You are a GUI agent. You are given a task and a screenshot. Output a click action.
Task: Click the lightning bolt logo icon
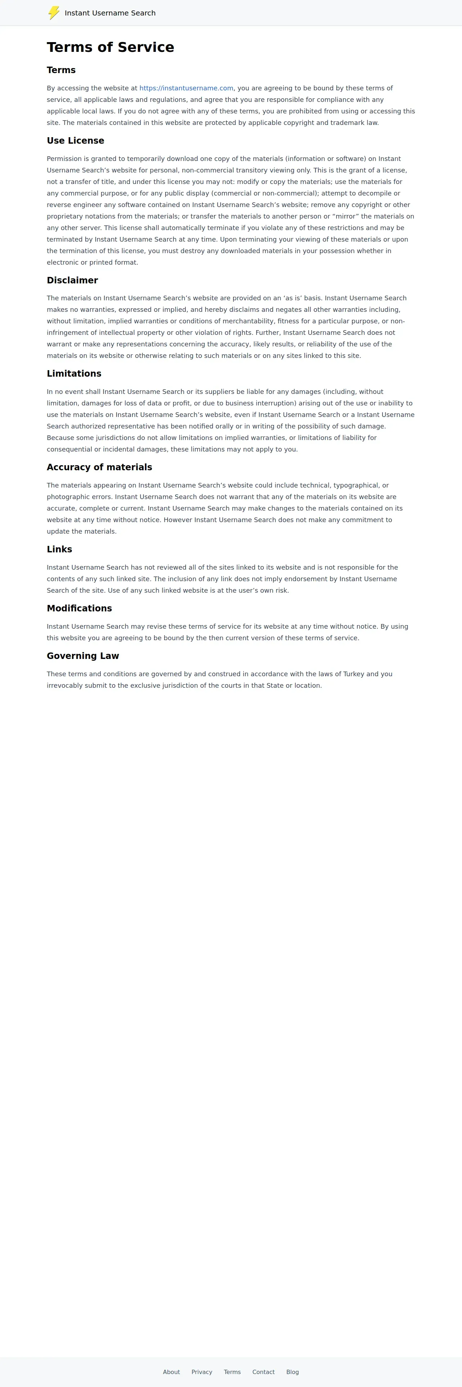coord(54,13)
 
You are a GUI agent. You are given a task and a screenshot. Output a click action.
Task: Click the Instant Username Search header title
coord(110,13)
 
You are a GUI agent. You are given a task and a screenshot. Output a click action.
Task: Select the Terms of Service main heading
coord(110,48)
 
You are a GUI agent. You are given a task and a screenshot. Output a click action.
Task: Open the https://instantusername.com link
coord(186,88)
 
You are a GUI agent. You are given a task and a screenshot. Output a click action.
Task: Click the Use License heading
coord(75,140)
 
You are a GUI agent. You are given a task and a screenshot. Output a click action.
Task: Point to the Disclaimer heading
coord(72,280)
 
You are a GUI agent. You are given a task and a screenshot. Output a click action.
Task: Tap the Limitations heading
coord(74,374)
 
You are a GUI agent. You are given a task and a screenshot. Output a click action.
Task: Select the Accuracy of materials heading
coord(99,467)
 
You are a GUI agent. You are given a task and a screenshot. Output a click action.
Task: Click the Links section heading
coord(59,549)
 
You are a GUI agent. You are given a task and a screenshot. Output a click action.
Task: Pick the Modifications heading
coord(79,609)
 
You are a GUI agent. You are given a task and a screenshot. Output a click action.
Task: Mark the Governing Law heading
coord(83,656)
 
